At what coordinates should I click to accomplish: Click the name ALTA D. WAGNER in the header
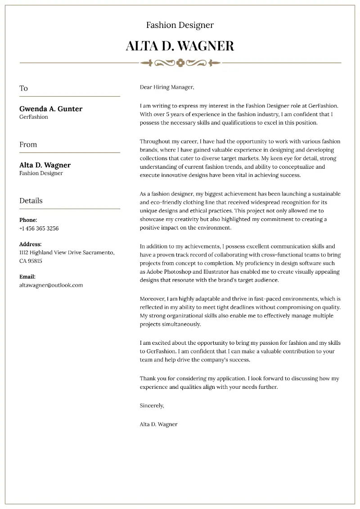tap(180, 45)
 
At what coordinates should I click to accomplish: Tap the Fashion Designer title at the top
tap(180, 25)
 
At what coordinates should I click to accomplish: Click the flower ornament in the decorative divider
tap(180, 63)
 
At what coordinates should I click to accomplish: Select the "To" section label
tap(23, 88)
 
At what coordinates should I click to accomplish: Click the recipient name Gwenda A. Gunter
tap(51, 108)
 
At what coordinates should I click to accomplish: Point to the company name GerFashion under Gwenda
tap(34, 117)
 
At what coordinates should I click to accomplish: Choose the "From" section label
tap(28, 144)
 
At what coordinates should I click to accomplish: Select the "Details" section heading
tap(31, 201)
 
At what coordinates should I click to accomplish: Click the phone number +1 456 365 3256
tap(39, 228)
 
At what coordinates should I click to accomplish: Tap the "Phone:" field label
tap(28, 220)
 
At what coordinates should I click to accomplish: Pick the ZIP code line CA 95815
tap(31, 261)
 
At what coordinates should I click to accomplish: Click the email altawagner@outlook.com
tap(51, 285)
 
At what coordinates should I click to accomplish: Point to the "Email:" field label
tap(27, 277)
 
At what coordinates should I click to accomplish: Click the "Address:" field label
tap(30, 244)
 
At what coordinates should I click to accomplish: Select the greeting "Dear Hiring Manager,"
tap(166, 87)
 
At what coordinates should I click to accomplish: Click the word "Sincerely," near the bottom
tap(152, 405)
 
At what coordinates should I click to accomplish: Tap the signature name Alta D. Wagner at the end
tap(158, 424)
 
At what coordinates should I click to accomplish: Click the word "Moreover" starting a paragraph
tap(153, 298)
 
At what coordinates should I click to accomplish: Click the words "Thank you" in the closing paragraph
tap(153, 378)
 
